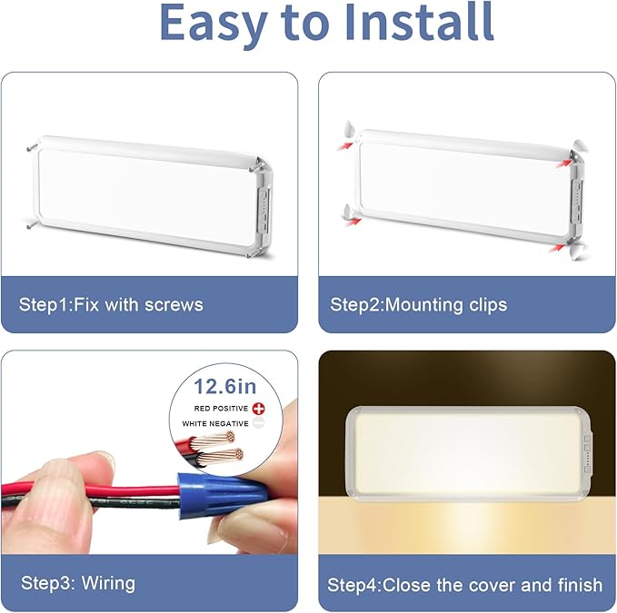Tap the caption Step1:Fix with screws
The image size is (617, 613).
[x=111, y=303]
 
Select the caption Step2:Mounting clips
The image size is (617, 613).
[x=419, y=303]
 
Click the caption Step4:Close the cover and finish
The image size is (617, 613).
[x=464, y=584]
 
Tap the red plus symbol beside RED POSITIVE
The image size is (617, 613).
[x=259, y=410]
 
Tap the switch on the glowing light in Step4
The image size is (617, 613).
[x=587, y=445]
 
